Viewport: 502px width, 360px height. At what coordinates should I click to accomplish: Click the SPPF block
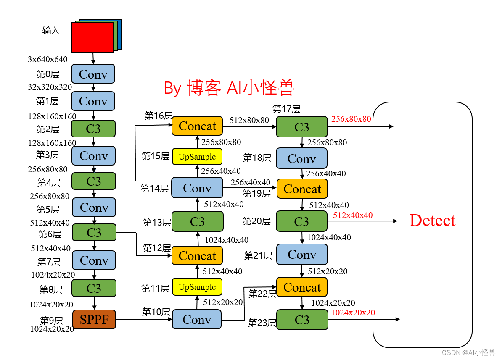point(94,320)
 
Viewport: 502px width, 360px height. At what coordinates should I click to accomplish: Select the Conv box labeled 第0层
point(93,74)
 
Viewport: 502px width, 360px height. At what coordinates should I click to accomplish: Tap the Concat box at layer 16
point(197,126)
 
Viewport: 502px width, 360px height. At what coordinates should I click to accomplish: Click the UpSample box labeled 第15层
point(197,157)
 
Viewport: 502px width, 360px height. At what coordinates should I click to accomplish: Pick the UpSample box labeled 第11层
point(197,287)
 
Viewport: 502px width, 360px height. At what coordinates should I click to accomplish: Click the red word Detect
point(432,221)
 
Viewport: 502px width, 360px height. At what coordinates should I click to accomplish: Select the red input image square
point(92,37)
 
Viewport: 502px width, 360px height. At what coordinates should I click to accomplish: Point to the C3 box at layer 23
point(302,320)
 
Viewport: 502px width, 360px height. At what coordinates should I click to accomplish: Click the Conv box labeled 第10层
point(197,320)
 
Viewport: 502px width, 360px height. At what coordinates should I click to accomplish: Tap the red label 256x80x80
point(351,119)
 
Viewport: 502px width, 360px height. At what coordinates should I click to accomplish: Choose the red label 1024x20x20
point(353,313)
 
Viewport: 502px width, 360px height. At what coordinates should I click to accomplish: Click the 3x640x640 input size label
point(48,59)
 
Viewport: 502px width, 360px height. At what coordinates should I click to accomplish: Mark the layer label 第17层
point(286,109)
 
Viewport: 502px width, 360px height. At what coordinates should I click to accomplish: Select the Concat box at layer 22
point(302,287)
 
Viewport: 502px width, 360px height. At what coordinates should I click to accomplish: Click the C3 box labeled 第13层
point(197,221)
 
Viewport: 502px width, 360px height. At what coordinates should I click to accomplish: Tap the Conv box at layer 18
point(301,158)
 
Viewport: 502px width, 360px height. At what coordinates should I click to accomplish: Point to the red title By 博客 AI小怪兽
point(229,88)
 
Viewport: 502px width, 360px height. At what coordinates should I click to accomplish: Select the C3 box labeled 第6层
point(94,232)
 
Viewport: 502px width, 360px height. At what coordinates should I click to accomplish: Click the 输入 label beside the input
point(51,30)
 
